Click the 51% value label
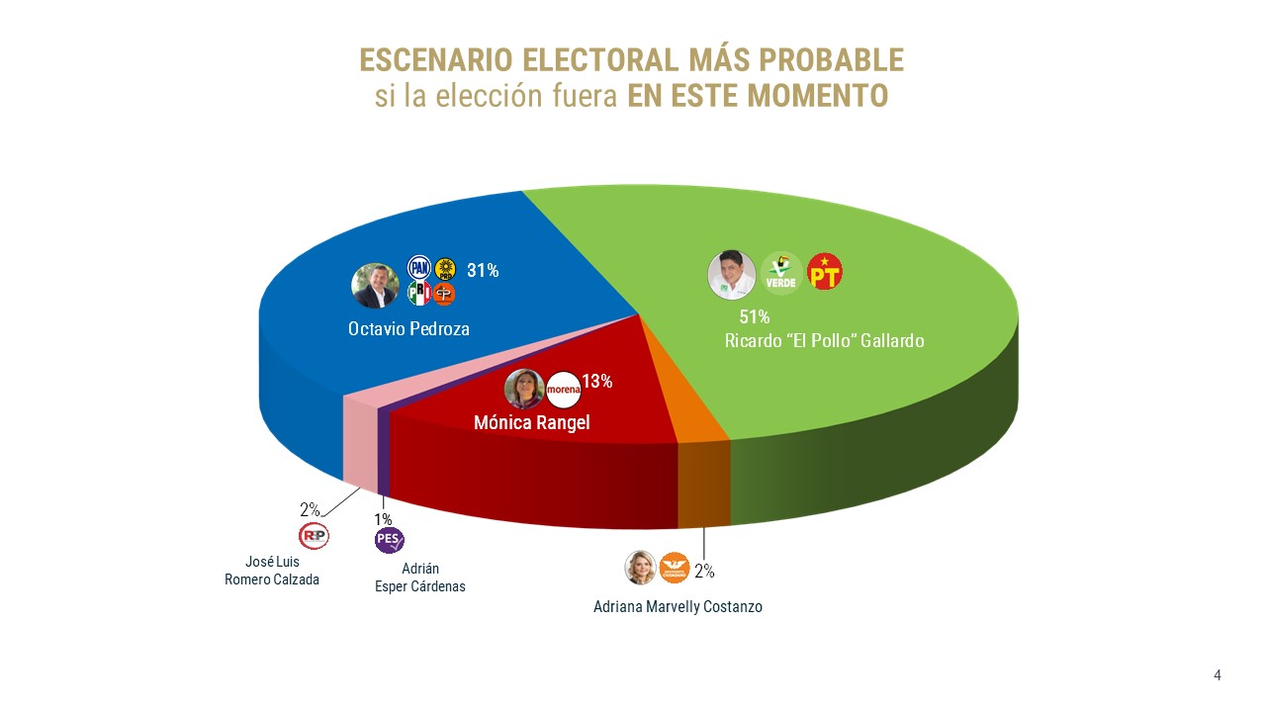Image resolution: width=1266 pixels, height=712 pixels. [x=755, y=317]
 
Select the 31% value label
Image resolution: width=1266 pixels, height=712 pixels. [x=483, y=270]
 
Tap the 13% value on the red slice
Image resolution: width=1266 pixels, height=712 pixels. [x=597, y=381]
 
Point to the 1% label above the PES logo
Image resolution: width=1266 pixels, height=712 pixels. [x=383, y=519]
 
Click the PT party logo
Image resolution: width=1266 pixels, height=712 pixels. [x=825, y=272]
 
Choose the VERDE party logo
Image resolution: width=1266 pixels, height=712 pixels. [x=780, y=273]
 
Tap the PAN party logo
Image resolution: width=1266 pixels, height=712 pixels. [x=420, y=267]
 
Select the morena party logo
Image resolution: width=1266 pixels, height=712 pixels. [x=563, y=390]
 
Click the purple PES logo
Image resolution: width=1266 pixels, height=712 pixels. [x=389, y=540]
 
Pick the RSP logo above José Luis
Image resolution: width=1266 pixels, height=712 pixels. [x=314, y=536]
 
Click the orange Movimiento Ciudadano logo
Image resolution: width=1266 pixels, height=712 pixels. [x=674, y=567]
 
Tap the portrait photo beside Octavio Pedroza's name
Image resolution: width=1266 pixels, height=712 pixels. [x=375, y=286]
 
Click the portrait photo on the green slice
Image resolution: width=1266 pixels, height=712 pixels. [x=732, y=274]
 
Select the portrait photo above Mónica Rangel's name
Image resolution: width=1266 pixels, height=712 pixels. [x=524, y=390]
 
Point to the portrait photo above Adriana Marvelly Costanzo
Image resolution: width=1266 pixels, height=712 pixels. [x=641, y=567]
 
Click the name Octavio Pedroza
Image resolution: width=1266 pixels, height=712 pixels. [x=408, y=329]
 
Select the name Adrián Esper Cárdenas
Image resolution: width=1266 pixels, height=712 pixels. [x=420, y=578]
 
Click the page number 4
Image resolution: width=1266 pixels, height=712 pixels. [x=1218, y=675]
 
